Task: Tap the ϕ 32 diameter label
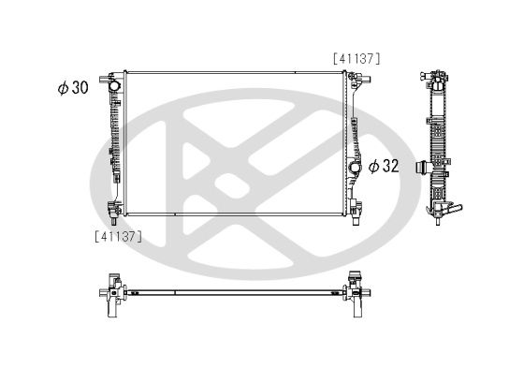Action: (384, 166)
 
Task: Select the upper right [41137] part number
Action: (356, 58)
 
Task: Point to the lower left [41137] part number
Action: (117, 236)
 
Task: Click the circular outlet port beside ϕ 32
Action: (355, 168)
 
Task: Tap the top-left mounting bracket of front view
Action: (115, 71)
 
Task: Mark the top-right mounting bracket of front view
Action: (355, 75)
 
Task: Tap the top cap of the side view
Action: (437, 73)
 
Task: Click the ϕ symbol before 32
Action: (372, 166)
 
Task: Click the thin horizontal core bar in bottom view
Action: (234, 287)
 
